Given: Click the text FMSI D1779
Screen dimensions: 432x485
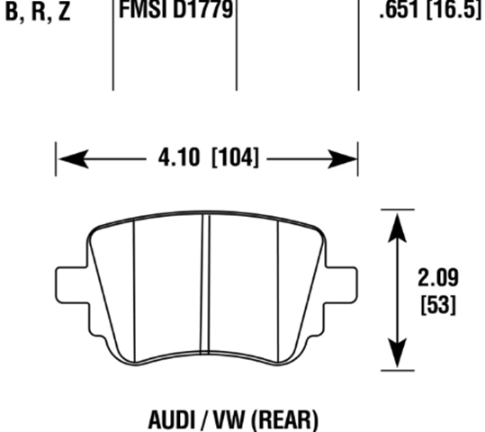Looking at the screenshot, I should click(x=176, y=11).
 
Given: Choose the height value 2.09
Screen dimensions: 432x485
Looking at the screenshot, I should click(x=438, y=277).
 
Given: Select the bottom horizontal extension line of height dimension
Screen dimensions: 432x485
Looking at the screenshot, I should click(x=397, y=369).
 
